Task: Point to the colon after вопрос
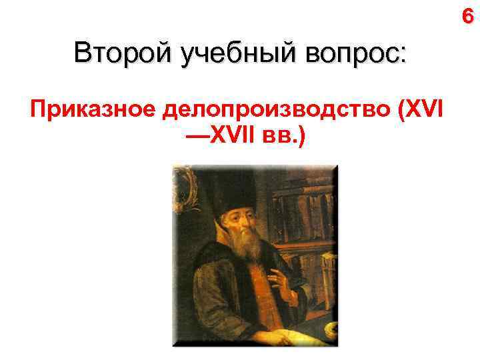click(x=402, y=55)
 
